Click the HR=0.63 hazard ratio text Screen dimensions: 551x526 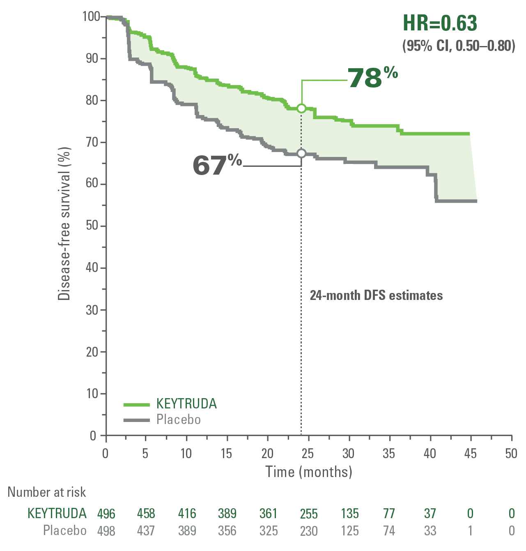click(x=440, y=23)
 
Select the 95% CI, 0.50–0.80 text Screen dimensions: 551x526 click(x=459, y=46)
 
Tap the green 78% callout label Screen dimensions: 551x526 click(x=372, y=77)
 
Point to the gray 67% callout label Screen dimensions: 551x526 click(x=217, y=165)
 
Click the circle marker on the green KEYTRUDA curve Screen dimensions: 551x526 click(x=301, y=108)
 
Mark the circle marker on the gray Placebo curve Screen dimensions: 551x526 click(x=301, y=153)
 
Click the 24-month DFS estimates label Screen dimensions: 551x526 click(x=376, y=295)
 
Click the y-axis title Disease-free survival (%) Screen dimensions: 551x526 click(x=64, y=224)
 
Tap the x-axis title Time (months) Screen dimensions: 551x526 click(x=309, y=472)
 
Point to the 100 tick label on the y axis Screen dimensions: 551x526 click(x=91, y=16)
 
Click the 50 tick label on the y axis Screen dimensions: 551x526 click(x=92, y=226)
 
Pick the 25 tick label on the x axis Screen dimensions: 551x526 click(x=308, y=454)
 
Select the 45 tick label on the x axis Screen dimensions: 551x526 click(x=470, y=454)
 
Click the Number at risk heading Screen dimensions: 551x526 click(x=47, y=492)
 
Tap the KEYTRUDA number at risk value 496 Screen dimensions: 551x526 click(x=106, y=514)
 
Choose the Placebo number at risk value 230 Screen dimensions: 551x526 click(x=309, y=531)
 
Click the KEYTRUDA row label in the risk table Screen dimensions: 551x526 click(x=57, y=514)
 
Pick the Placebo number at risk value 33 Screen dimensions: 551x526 click(x=430, y=531)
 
